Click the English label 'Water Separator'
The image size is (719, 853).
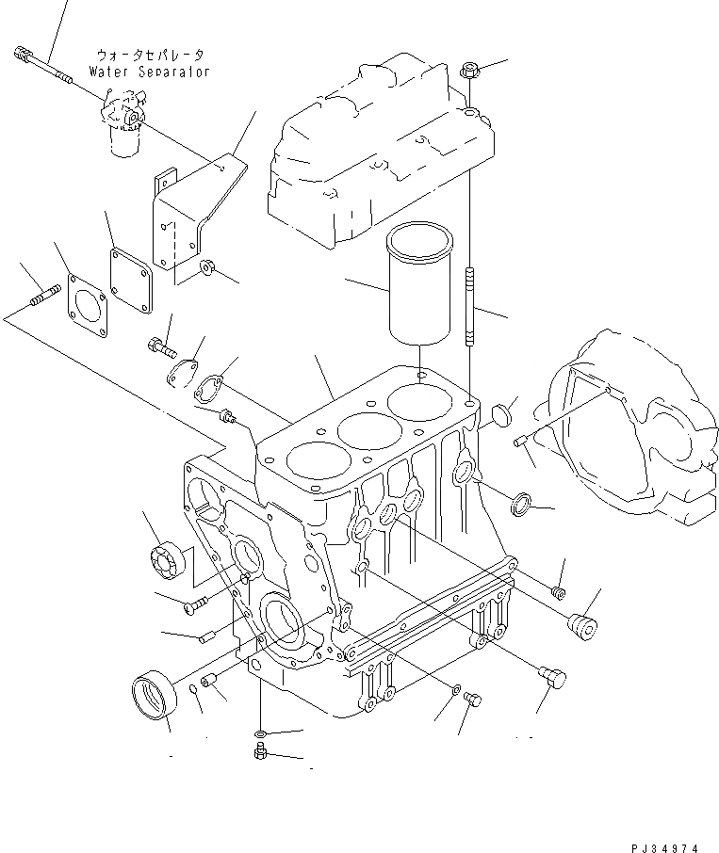149,72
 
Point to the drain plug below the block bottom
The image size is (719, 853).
259,751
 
